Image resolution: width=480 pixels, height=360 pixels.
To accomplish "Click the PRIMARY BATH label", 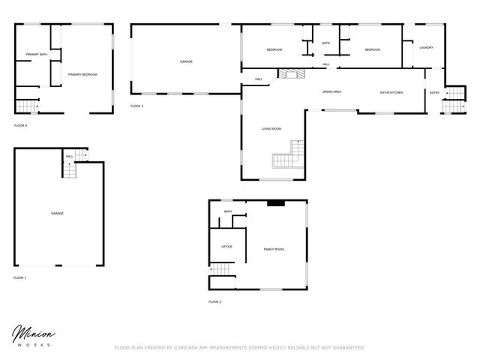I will pyautogui.click(x=37, y=55).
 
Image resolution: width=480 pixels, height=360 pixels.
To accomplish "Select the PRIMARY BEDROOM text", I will pyautogui.click(x=82, y=74).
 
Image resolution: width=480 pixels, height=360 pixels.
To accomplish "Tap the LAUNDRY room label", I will pyautogui.click(x=426, y=48).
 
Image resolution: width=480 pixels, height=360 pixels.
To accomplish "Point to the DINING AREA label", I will pyautogui.click(x=331, y=91).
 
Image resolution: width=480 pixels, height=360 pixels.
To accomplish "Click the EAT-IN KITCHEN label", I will pyautogui.click(x=391, y=92).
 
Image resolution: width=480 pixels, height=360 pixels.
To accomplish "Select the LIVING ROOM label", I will pyautogui.click(x=271, y=129).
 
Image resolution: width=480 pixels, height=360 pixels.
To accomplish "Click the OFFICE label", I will pyautogui.click(x=226, y=246).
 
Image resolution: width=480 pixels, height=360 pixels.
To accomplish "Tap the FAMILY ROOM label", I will pyautogui.click(x=273, y=249).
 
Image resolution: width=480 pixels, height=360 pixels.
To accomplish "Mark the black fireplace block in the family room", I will pyautogui.click(x=275, y=202).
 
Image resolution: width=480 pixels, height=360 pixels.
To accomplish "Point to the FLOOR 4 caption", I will pyautogui.click(x=20, y=125).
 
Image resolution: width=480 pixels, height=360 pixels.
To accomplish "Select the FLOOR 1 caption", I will pyautogui.click(x=19, y=277).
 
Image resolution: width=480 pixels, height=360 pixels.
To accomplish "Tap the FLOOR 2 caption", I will pyautogui.click(x=214, y=301).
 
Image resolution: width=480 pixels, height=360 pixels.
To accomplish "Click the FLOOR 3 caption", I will pyautogui.click(x=136, y=106).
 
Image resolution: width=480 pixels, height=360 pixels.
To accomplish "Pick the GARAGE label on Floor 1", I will pyautogui.click(x=57, y=214).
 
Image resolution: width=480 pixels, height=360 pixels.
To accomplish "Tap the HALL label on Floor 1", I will pyautogui.click(x=69, y=157).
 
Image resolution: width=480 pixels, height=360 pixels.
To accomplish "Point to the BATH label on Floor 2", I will pyautogui.click(x=227, y=211).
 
